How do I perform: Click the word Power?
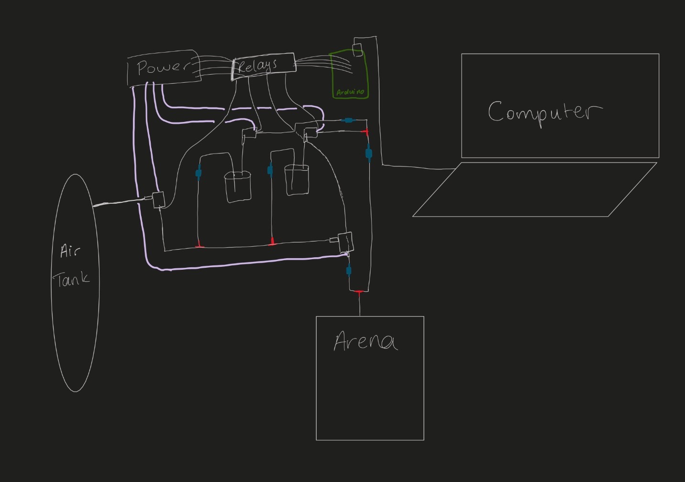click(163, 67)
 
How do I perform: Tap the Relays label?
click(257, 66)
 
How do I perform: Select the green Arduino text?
click(350, 92)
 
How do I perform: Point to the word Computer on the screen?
click(544, 112)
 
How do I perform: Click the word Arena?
click(365, 341)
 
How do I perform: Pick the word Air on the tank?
click(69, 251)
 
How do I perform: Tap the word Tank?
click(71, 279)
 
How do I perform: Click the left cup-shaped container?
click(238, 186)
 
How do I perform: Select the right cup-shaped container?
click(297, 180)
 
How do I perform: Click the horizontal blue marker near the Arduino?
click(349, 120)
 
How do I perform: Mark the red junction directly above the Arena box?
click(359, 292)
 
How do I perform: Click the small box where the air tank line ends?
click(158, 199)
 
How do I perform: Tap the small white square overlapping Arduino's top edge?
click(357, 50)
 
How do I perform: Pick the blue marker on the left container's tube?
click(199, 173)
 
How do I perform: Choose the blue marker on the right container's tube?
click(270, 170)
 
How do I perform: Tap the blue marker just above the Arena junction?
click(349, 271)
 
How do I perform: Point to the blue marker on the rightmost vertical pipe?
click(368, 153)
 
